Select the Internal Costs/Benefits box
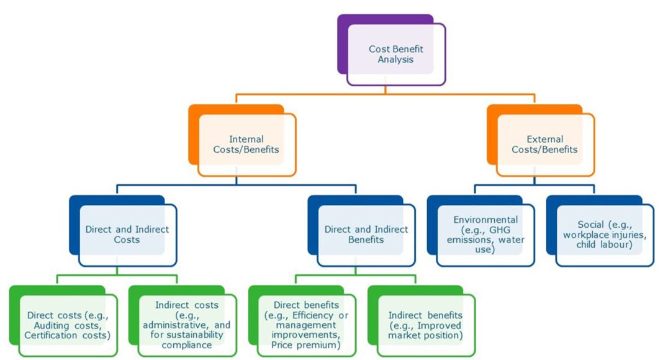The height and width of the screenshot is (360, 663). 246,144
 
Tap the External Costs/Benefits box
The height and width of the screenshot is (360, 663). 544,144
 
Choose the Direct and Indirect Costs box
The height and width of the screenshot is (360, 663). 127,234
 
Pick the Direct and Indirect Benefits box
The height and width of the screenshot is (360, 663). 366,234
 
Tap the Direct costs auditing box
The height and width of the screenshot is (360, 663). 67,325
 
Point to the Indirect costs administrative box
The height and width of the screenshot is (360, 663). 186,325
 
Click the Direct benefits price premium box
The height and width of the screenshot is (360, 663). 306,325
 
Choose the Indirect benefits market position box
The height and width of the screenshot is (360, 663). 425,325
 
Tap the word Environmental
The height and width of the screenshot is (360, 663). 485,220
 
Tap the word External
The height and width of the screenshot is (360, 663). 544,139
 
